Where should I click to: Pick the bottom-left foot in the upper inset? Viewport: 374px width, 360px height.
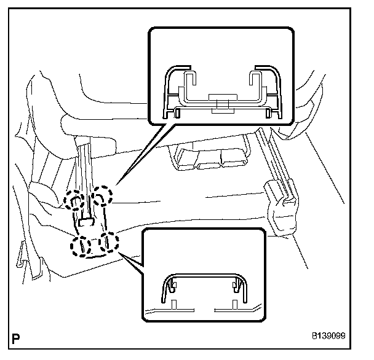(177, 112)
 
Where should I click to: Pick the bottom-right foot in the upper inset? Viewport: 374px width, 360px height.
(269, 112)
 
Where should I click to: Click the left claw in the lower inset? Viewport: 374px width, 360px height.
(173, 285)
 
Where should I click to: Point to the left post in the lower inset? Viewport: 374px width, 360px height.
(175, 304)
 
